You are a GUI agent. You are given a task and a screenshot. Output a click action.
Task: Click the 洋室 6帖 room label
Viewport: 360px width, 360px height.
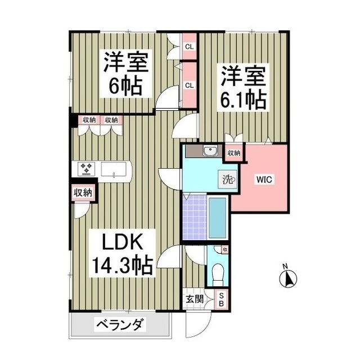pos(125,74)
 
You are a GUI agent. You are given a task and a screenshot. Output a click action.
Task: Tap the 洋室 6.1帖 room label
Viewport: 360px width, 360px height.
pos(243,87)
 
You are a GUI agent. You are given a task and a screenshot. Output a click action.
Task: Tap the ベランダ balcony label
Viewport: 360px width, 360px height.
pos(121,325)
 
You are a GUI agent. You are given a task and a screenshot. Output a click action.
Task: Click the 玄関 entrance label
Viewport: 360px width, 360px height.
pos(193,299)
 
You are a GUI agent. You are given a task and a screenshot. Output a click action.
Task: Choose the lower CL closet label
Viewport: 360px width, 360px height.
pos(189,85)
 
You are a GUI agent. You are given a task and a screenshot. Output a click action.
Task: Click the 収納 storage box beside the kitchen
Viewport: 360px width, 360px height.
pos(83,192)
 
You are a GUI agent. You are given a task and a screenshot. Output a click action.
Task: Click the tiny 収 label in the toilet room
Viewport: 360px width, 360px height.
pos(224,250)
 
